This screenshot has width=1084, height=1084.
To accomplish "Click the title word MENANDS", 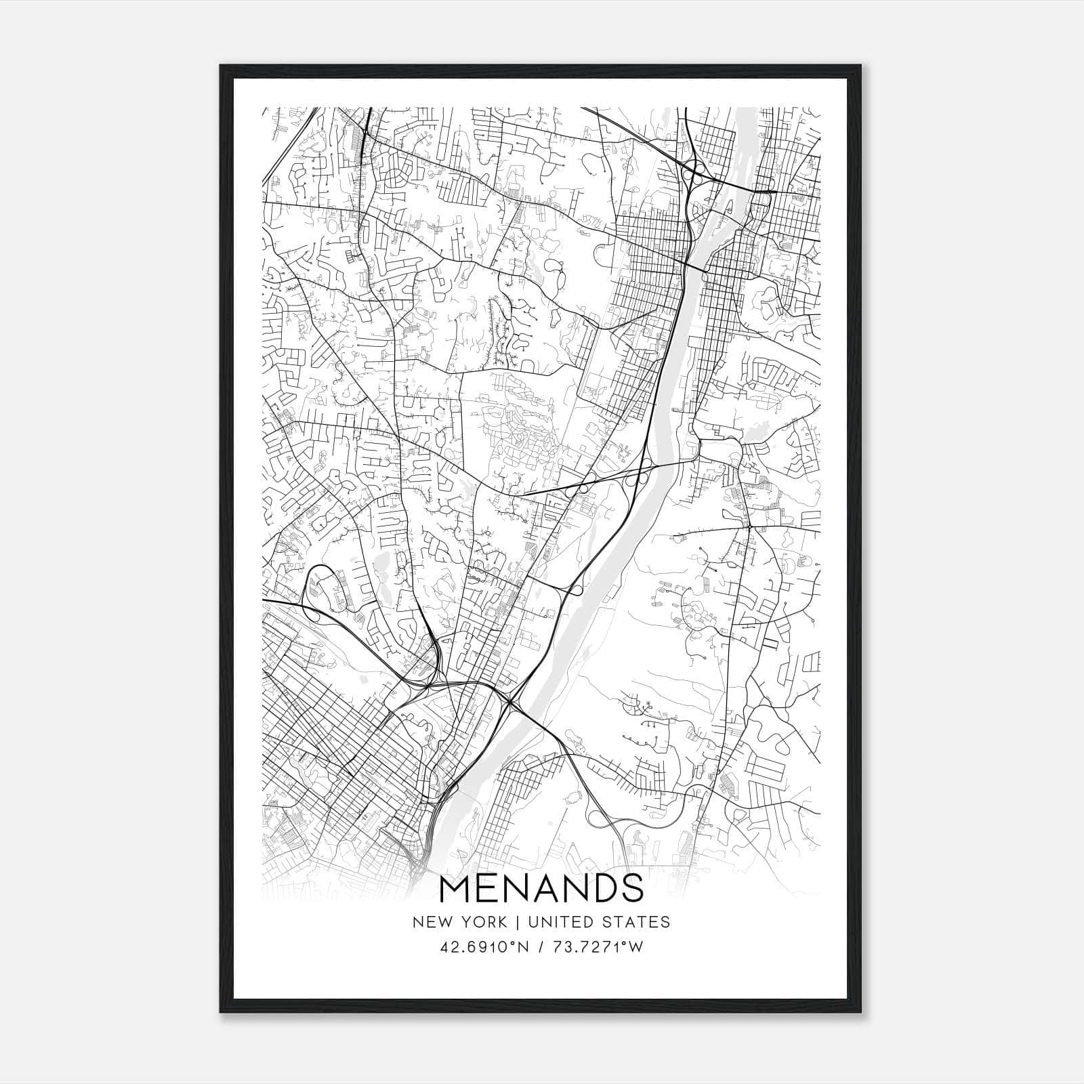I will [x=541, y=888].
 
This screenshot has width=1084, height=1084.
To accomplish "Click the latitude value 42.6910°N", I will [x=483, y=947].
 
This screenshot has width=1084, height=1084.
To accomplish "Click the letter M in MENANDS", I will [x=455, y=888].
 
